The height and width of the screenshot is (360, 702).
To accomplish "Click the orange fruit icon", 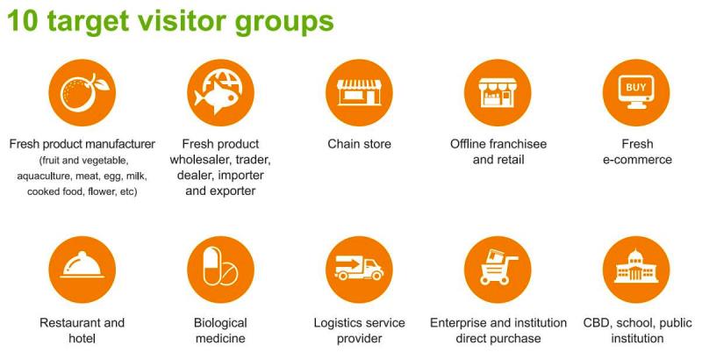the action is tap(82, 93).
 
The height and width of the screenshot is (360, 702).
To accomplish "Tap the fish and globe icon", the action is tap(221, 93).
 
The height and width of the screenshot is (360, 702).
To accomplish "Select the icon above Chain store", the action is tap(359, 93).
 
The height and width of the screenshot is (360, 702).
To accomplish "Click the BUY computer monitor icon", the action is tap(636, 93).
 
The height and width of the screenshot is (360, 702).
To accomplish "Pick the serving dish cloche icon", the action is tap(82, 270).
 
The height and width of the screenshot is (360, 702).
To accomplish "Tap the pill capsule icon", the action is tap(221, 270).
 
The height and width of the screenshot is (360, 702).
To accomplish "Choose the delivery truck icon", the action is tap(359, 270).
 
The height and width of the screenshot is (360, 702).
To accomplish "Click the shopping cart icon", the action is tap(498, 270).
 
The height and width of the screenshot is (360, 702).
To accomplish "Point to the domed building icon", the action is tap(636, 270).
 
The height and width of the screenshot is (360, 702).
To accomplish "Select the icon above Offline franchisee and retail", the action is tap(498, 93).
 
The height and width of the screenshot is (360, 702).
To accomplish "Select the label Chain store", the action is tap(359, 144).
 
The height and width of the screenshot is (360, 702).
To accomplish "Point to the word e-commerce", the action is tap(637, 160).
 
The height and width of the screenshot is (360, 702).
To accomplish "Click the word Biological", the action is tap(220, 323).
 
